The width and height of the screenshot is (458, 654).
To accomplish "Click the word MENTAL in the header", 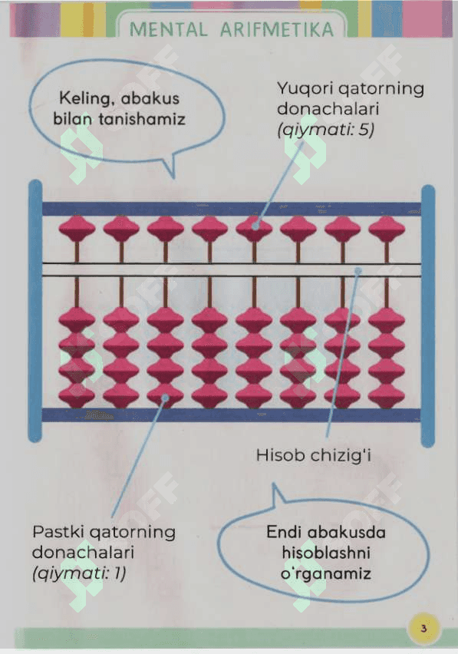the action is pyautogui.click(x=167, y=29).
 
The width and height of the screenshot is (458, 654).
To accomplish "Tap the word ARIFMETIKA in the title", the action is pyautogui.click(x=277, y=29).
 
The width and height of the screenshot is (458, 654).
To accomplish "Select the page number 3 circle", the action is pyautogui.click(x=423, y=628).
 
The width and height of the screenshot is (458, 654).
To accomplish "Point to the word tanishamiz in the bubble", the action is pyautogui.click(x=142, y=119).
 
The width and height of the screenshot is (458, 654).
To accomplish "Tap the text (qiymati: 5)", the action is pyautogui.click(x=325, y=130).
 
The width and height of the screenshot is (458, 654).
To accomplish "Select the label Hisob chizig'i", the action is pyautogui.click(x=313, y=455).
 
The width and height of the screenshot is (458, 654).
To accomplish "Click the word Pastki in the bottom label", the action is pyautogui.click(x=58, y=532).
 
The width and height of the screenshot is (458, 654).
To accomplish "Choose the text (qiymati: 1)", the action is pyautogui.click(x=79, y=574).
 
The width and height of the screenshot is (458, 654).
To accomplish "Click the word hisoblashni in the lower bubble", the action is pyautogui.click(x=326, y=553).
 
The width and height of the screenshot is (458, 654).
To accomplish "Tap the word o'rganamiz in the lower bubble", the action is pyautogui.click(x=326, y=574).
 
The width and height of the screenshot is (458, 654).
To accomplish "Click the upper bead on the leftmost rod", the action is pyautogui.click(x=77, y=229).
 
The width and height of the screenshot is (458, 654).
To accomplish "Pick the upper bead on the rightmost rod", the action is pyautogui.click(x=387, y=229).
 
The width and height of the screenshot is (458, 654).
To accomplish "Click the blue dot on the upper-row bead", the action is pyautogui.click(x=255, y=226).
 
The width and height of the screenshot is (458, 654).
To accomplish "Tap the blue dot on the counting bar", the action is pyautogui.click(x=358, y=271).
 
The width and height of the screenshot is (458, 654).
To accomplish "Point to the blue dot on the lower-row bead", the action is pyautogui.click(x=166, y=398).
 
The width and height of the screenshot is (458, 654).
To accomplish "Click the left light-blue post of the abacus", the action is pyautogui.click(x=35, y=311).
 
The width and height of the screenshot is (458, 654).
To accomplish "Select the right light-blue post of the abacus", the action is pyautogui.click(x=428, y=316).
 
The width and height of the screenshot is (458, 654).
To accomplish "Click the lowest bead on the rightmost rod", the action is pyautogui.click(x=387, y=395).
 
